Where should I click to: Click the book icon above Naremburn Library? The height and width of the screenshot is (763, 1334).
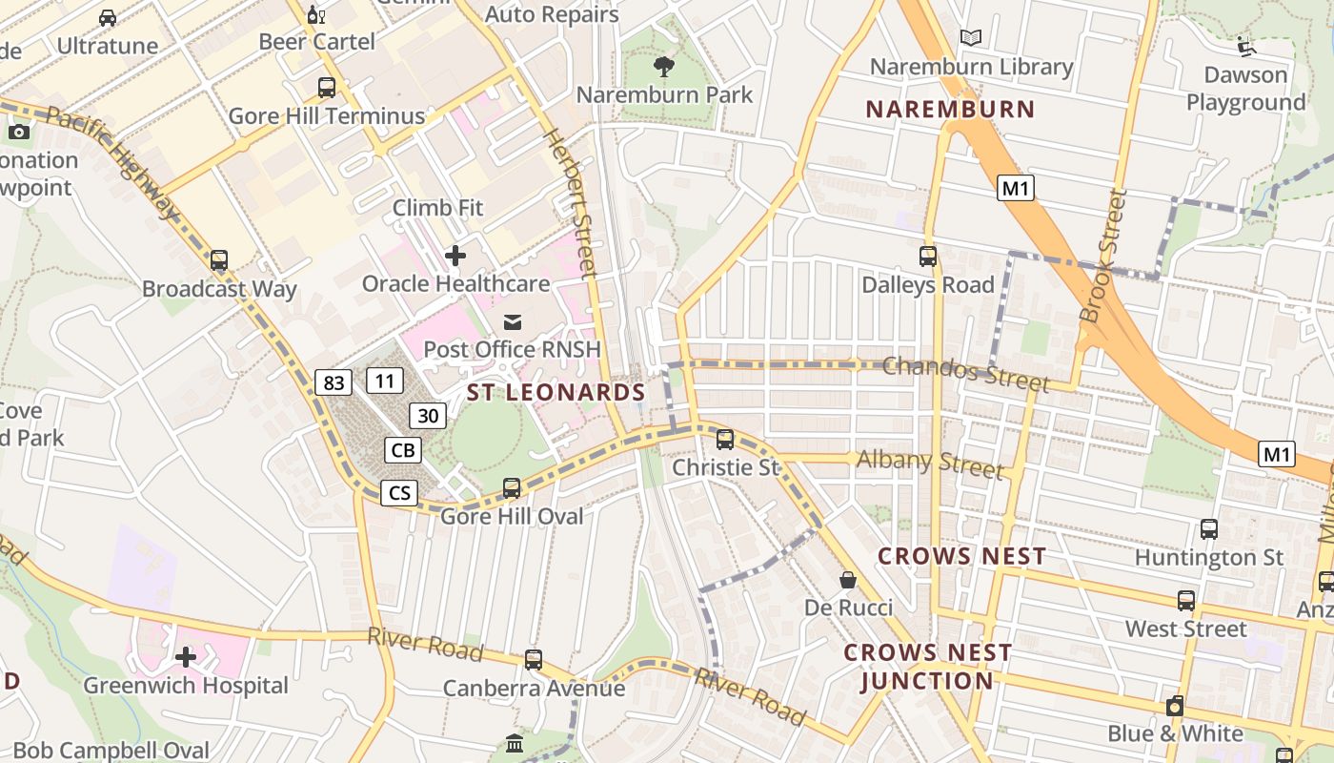[971, 38]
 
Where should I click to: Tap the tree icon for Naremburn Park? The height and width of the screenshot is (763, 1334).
[664, 67]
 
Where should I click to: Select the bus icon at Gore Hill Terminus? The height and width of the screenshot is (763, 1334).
[327, 88]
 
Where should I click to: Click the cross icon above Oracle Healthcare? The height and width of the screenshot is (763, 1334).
[455, 256]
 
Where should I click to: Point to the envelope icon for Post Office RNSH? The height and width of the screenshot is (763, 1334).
[513, 321]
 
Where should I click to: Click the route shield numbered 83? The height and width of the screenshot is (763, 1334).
[333, 382]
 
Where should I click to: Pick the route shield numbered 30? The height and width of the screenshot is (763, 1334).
[429, 415]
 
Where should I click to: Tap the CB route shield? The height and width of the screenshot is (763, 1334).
[403, 449]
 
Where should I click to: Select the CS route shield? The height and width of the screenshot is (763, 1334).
[399, 492]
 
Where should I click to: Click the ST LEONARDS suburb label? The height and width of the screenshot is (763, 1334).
[556, 392]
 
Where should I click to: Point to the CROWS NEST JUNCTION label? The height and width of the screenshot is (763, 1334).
[927, 667]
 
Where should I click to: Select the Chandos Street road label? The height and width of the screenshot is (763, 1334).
[965, 373]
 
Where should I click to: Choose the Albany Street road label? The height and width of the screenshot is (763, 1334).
[929, 464]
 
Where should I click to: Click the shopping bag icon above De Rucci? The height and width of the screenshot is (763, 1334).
[847, 580]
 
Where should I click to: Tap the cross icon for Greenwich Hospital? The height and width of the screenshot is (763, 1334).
[186, 657]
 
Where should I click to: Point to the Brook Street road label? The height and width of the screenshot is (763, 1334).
[1103, 256]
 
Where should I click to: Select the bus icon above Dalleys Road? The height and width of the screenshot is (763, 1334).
[928, 256]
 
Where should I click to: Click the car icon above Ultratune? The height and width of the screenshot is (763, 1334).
[108, 17]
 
